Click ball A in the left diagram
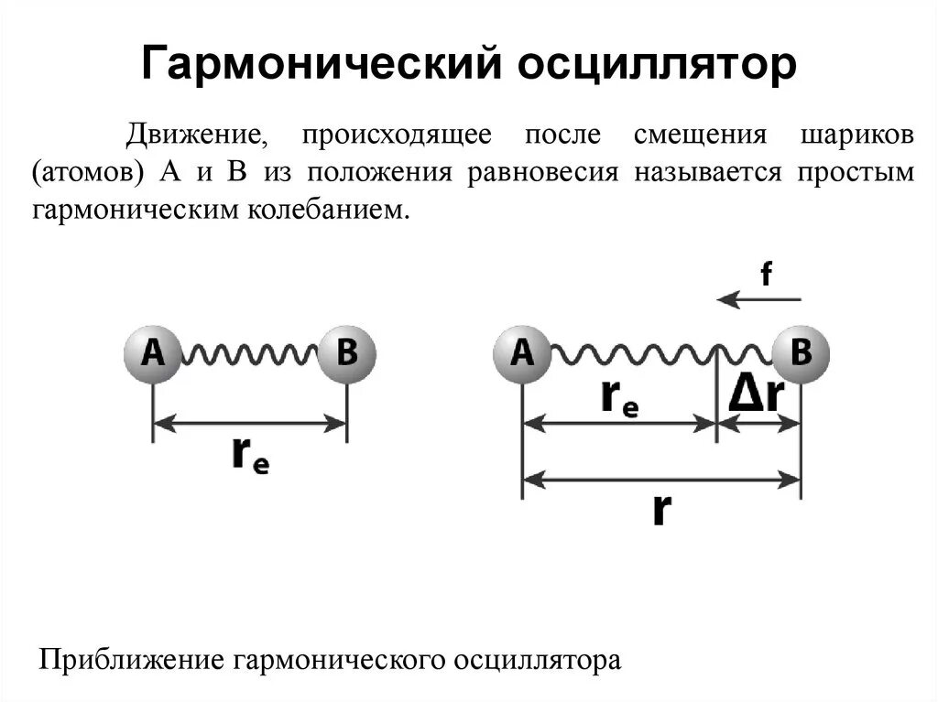153,352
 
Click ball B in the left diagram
346,352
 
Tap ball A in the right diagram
522,352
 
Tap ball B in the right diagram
801,352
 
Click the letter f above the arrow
765,273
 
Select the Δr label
757,394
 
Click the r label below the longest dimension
661,509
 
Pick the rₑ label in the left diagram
249,455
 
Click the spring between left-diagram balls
249,353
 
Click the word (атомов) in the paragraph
89,172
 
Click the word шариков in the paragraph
856,134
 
